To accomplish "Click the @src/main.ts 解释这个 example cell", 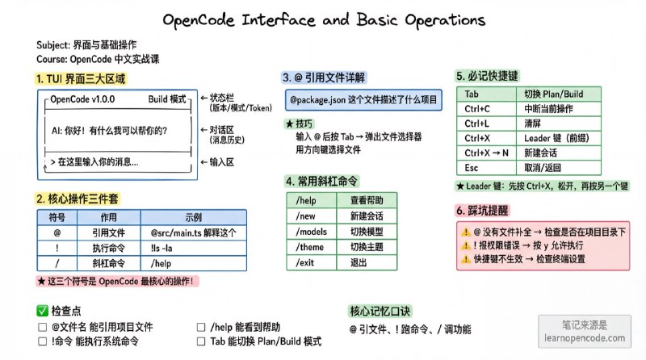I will (x=191, y=232).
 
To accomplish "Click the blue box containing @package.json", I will (x=363, y=99).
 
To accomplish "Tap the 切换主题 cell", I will (x=366, y=247).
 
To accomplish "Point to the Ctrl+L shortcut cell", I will (x=478, y=123).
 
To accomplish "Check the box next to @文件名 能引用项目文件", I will (x=42, y=328).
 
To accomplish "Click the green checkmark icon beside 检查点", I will (x=42, y=311).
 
